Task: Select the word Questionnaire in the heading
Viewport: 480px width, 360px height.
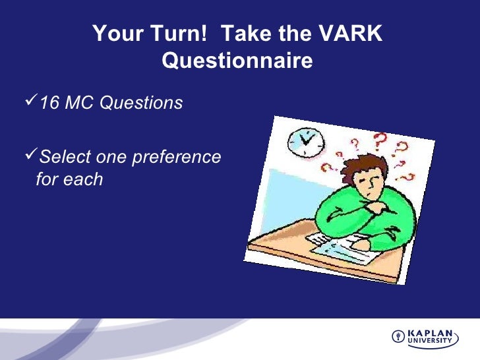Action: pos(237,60)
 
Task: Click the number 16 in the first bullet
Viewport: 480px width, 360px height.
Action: pos(49,102)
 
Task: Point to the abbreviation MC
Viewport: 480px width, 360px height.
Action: pos(79,102)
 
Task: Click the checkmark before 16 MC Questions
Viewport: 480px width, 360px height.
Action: pos(31,100)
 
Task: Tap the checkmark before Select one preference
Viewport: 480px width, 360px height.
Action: pos(31,154)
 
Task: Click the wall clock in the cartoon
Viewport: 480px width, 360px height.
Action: pos(305,142)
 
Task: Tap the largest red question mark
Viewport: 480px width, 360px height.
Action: pos(380,141)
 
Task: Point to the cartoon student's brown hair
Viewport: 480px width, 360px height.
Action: pos(363,167)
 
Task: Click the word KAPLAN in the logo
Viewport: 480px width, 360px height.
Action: pos(430,333)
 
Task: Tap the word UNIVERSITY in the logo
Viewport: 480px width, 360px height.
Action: pos(430,340)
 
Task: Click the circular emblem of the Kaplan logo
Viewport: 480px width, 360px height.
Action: pos(398,336)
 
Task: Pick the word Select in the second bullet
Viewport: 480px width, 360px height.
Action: pos(65,157)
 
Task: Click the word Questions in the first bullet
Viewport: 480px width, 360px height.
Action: pos(141,102)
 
